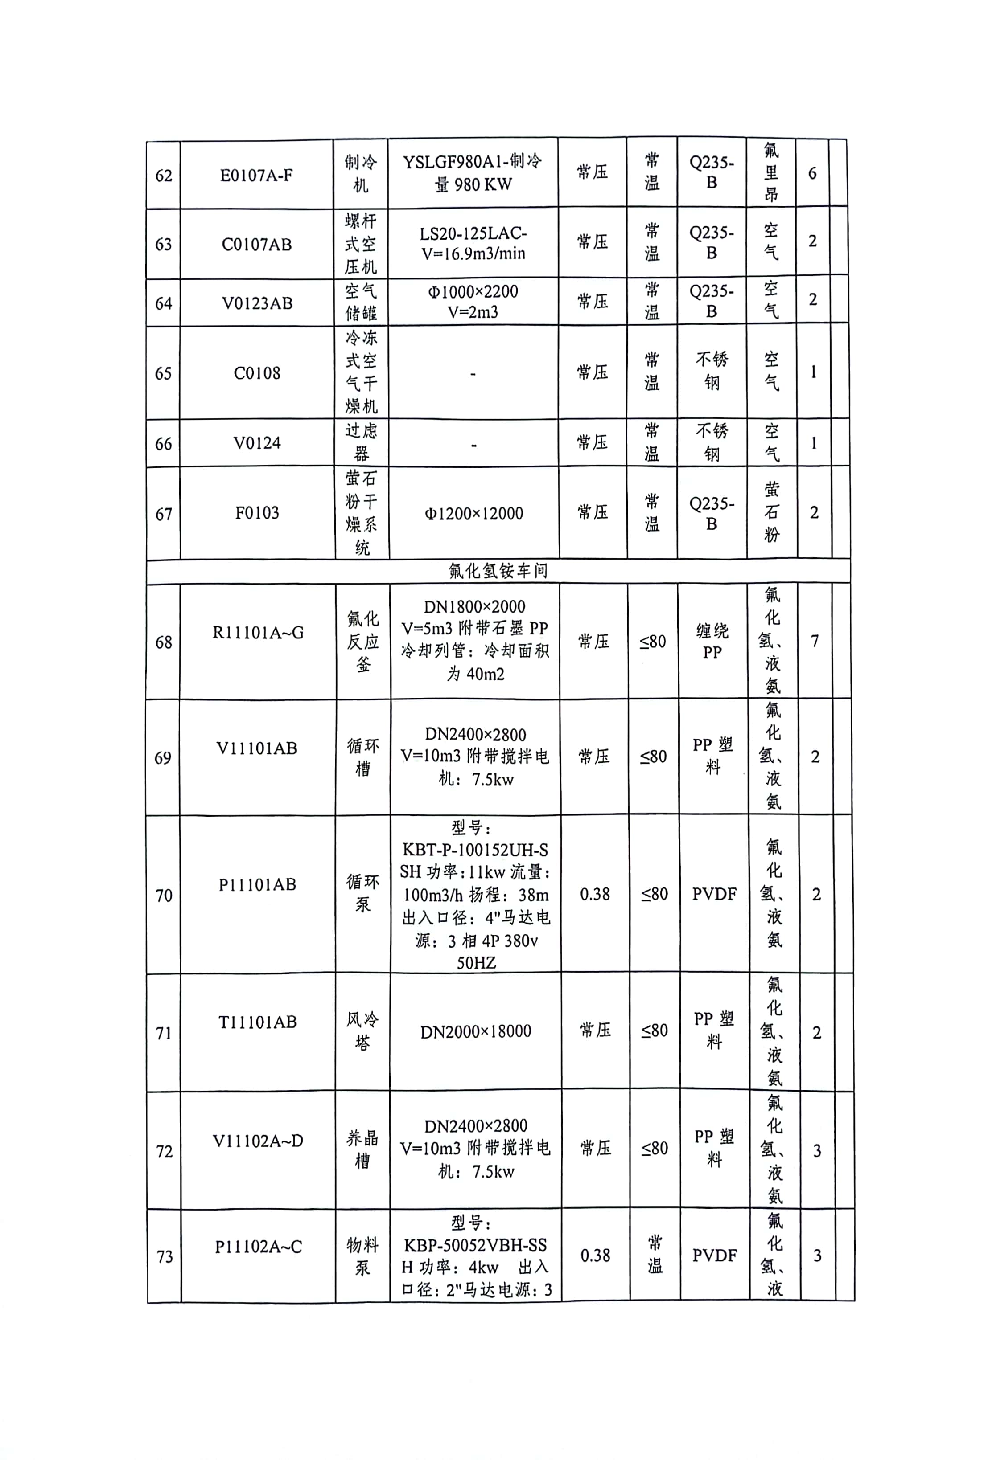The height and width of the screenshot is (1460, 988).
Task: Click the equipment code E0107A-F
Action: [x=256, y=175]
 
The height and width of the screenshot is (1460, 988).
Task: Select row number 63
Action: [x=164, y=245]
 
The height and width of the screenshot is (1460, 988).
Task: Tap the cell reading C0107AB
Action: [x=256, y=245]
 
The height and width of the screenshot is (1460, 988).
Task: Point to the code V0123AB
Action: [x=257, y=303]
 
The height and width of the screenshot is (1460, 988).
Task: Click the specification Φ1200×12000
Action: [x=474, y=514]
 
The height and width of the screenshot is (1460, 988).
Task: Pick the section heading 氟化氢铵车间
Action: [x=498, y=570]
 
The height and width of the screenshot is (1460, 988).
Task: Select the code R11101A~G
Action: [x=258, y=633]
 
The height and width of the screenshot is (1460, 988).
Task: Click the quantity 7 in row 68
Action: [x=815, y=641]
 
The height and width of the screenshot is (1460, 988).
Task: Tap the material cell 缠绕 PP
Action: [x=712, y=642]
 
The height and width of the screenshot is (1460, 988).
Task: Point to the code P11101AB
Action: [x=257, y=884]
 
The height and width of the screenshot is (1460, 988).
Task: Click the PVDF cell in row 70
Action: [x=714, y=894]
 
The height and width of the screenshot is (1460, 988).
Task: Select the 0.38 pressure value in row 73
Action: [x=595, y=1255]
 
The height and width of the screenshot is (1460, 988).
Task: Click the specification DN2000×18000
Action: [x=476, y=1031]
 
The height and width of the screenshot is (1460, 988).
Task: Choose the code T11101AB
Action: [x=258, y=1022]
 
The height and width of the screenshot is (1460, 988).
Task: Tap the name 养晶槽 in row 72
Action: [x=362, y=1149]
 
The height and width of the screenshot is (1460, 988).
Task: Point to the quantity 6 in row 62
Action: [x=812, y=173]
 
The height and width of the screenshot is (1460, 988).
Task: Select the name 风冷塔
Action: [x=362, y=1031]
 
